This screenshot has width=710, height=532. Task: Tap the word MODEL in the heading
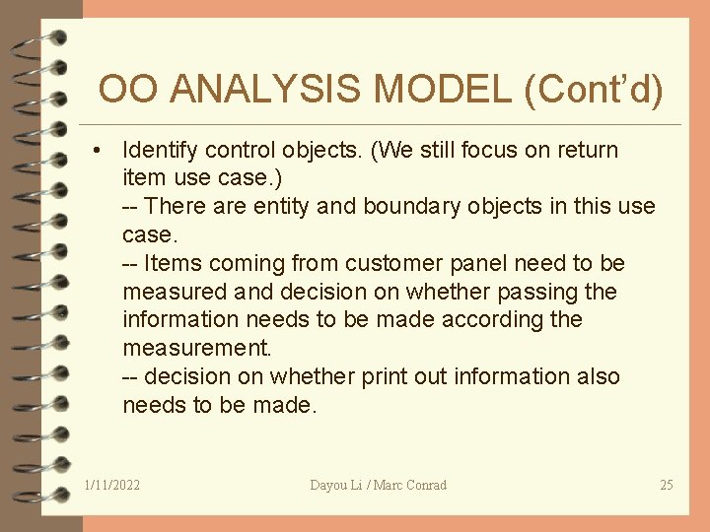click(x=442, y=90)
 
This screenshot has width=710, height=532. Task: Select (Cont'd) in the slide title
click(x=595, y=90)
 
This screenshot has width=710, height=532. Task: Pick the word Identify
click(x=158, y=151)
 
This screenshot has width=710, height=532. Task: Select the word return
click(x=586, y=151)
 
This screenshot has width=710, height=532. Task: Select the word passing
click(x=538, y=292)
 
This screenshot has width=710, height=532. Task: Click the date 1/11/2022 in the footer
click(x=112, y=485)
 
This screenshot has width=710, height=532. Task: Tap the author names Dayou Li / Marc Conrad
click(x=378, y=485)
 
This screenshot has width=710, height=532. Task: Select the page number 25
click(x=667, y=485)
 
